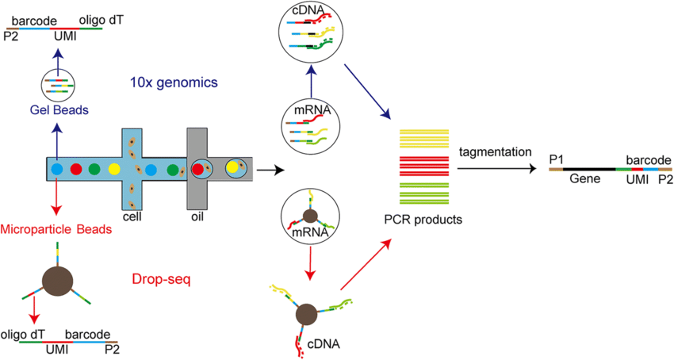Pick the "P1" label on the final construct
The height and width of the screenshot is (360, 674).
click(x=557, y=159)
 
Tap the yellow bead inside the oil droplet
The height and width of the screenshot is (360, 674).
click(x=232, y=167)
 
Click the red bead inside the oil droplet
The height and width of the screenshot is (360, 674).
click(x=198, y=168)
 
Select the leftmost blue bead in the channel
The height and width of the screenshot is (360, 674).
click(x=57, y=169)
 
